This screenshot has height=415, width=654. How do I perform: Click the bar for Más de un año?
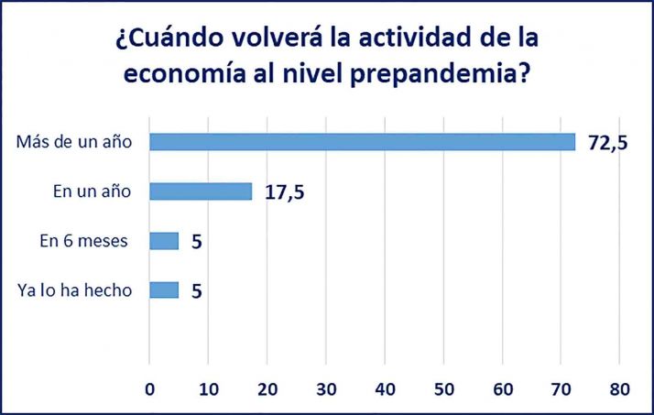[x=362, y=142]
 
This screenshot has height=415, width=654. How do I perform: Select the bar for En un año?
[x=201, y=191]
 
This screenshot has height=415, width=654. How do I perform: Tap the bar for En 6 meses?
[x=164, y=241]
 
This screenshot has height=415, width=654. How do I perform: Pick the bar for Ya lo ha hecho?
[x=164, y=289]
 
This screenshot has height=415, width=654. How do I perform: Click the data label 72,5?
[x=607, y=143]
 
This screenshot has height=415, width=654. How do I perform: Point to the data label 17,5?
[x=286, y=192]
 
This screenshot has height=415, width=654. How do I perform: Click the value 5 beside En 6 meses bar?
[x=196, y=242]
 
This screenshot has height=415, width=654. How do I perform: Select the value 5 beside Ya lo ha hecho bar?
[x=196, y=291]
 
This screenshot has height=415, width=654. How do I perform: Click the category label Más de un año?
[x=74, y=142]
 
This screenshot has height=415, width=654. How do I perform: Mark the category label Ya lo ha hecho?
[x=75, y=290]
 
